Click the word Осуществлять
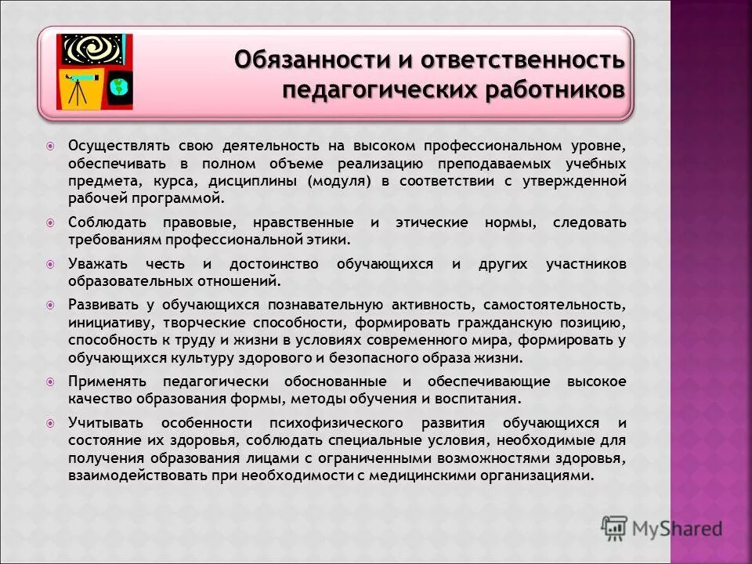coord(114,146)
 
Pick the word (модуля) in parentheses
coord(339,181)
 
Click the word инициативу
coord(106,322)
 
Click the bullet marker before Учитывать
coord(50,423)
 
